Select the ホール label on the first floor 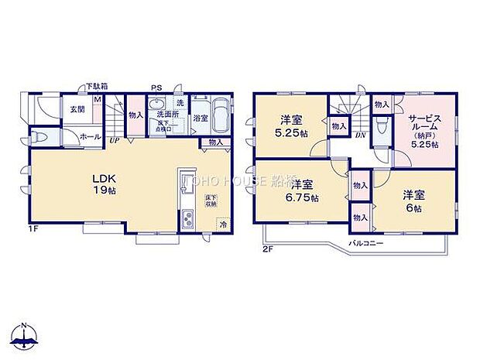(x=89, y=137)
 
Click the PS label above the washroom (x=156, y=87)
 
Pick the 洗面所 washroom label (x=163, y=115)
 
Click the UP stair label (x=114, y=141)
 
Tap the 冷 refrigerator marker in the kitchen (x=223, y=225)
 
